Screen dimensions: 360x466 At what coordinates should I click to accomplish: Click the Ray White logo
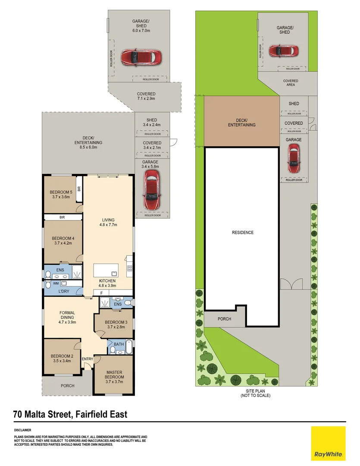tap(328, 444)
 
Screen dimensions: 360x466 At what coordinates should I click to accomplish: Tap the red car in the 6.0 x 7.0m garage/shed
tap(141, 57)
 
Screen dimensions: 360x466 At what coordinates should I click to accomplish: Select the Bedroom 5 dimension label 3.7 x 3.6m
tap(61, 197)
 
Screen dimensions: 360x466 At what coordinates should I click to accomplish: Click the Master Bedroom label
tap(114, 375)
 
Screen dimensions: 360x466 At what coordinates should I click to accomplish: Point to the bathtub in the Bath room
tap(129, 347)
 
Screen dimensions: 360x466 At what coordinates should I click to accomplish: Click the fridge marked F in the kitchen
tap(102, 293)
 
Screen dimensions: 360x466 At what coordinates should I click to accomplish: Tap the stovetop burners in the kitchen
tap(130, 268)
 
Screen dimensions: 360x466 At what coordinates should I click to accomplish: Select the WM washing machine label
tap(56, 283)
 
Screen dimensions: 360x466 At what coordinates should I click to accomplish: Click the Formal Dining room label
tap(67, 315)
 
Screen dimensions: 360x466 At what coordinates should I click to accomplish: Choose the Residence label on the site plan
tap(243, 233)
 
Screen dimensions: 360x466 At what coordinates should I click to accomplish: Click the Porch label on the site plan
tap(224, 319)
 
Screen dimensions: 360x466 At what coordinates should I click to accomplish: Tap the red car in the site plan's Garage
tap(294, 158)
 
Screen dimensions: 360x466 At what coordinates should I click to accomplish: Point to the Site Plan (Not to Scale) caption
tap(255, 393)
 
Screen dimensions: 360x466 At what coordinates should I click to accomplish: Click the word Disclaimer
tap(22, 430)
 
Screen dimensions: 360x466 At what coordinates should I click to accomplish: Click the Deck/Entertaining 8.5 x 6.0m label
tap(88, 143)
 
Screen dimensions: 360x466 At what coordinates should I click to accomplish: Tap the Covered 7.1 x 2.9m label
tap(146, 96)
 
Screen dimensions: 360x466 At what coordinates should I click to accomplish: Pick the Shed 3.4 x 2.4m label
tap(152, 123)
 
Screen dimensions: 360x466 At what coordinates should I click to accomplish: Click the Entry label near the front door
tap(88, 359)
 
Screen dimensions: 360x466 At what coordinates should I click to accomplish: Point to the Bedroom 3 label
tap(116, 322)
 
